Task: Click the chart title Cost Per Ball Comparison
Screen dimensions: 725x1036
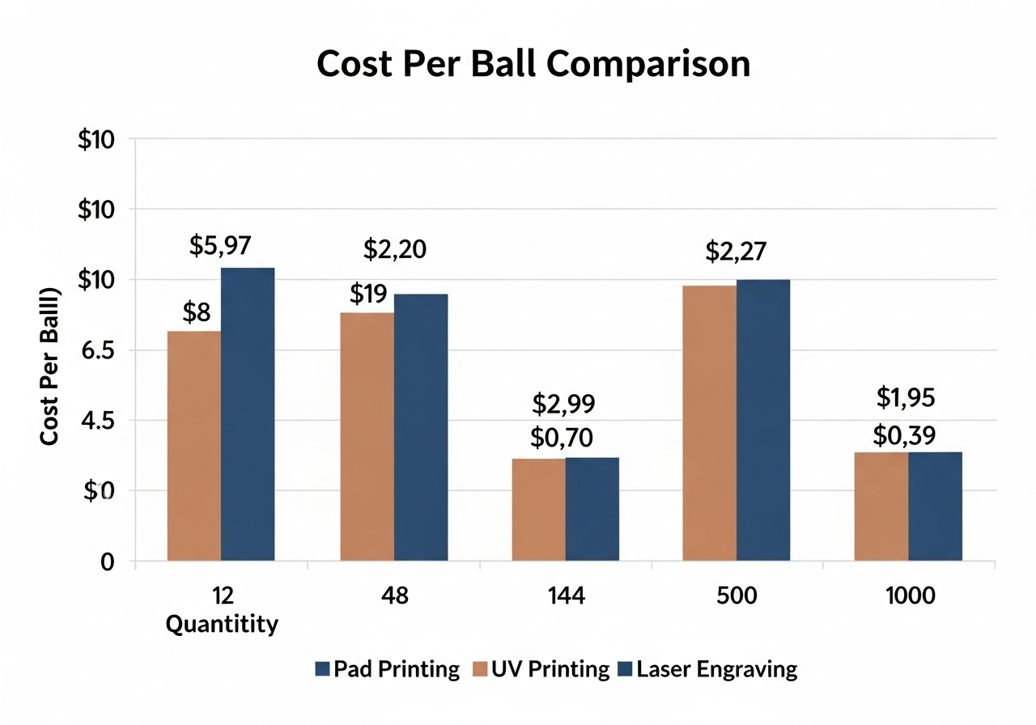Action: point(533,65)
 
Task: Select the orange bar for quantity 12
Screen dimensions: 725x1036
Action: point(194,445)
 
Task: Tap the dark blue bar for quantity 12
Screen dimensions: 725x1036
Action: point(248,413)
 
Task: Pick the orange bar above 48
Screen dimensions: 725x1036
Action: point(367,436)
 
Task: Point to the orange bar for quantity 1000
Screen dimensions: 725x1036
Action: point(881,506)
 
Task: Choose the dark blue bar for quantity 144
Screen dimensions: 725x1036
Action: point(592,509)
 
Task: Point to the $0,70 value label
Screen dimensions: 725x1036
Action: point(563,439)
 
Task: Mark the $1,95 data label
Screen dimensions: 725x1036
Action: point(906,397)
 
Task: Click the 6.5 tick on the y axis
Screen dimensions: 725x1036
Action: point(102,350)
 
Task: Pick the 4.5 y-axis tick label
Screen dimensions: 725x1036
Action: point(102,421)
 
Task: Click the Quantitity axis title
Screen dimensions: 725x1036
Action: point(222,624)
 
